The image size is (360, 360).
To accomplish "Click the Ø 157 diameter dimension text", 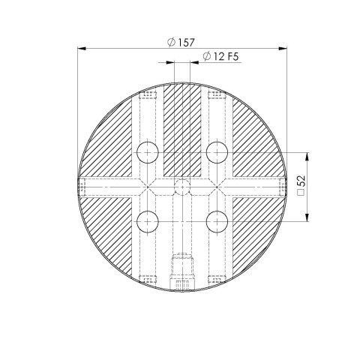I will (x=180, y=42).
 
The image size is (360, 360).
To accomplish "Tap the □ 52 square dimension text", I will (x=299, y=187).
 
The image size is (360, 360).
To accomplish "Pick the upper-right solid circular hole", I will (x=217, y=152).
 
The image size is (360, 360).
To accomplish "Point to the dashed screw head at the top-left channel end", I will (x=148, y=94).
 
